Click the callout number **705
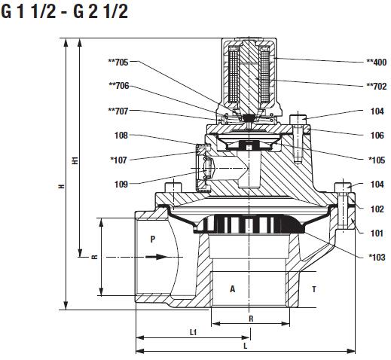pos(118,62)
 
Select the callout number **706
pos(119,86)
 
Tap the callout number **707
pos(118,111)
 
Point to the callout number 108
pos(121,136)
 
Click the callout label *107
pos(118,160)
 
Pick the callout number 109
pos(121,185)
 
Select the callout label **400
pos(377,62)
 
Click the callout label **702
pos(377,87)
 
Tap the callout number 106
pos(377,136)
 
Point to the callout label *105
pos(377,160)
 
